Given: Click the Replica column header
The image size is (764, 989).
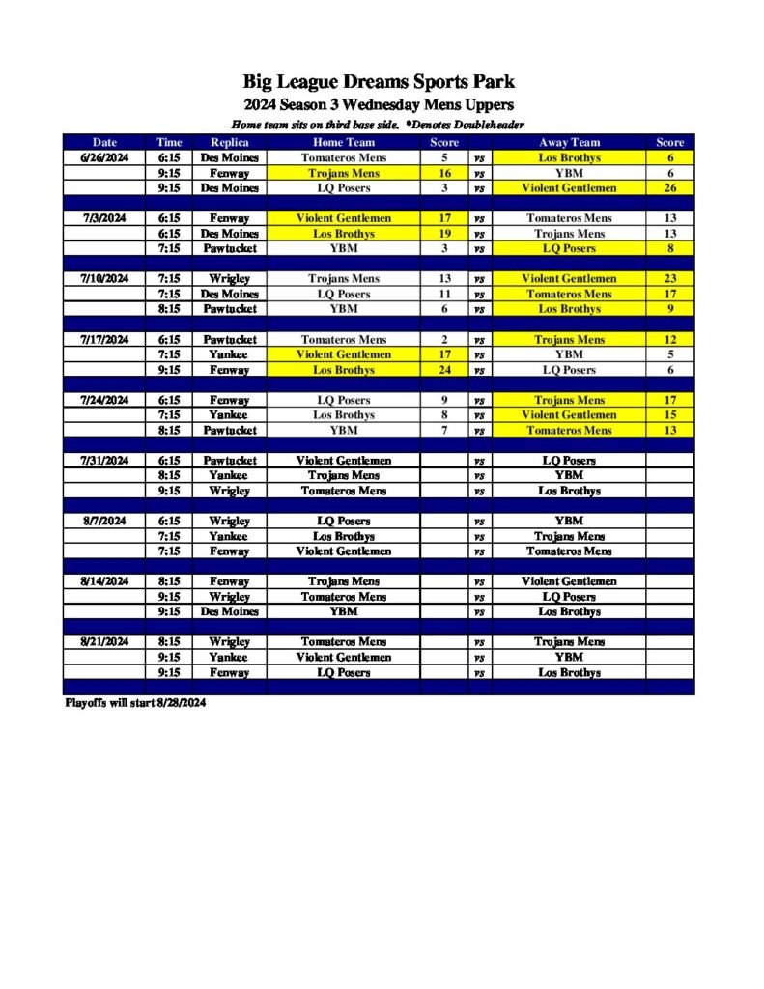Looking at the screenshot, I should coord(229,142).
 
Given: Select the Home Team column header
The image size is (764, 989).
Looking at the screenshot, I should coord(343,142).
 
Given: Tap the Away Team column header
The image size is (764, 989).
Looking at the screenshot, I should coord(569,142).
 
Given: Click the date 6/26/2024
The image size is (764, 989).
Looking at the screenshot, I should coord(104,157).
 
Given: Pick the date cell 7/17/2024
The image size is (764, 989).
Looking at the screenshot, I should coord(104,340).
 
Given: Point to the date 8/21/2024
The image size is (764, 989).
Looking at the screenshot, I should coord(104,642).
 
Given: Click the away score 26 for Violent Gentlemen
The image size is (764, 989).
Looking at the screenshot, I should coord(669,188).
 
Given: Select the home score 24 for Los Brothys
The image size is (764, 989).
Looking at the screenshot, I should coord(444,370).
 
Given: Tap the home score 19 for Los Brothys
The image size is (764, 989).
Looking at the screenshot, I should coord(444,234).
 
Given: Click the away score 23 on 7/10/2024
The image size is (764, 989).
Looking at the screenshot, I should coord(669,279).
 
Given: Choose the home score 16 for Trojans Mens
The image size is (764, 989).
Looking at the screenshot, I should coord(444,173).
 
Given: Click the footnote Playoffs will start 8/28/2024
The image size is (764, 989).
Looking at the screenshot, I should coord(136,703).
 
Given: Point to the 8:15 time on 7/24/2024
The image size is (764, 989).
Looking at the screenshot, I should coord(169,431).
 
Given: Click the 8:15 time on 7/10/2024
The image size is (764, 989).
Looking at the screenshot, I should coord(169,309).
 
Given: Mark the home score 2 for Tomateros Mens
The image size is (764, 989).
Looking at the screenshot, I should coord(444,340).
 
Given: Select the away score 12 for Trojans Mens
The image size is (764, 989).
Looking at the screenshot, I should coord(669,340).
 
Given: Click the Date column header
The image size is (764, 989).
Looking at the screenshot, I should coord(104,142).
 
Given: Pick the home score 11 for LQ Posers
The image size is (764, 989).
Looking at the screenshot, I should coord(444,295).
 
